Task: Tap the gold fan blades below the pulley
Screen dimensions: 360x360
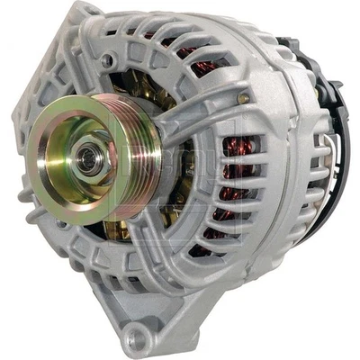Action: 117,229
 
